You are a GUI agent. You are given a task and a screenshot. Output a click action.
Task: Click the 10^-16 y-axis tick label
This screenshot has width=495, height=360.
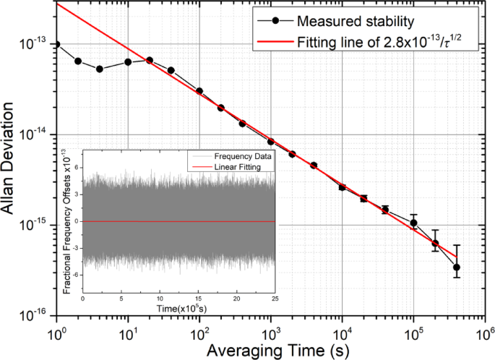37,315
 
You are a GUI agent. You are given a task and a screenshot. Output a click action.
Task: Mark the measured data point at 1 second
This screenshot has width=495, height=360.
56,45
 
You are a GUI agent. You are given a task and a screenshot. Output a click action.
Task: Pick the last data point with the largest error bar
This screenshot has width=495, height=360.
457,267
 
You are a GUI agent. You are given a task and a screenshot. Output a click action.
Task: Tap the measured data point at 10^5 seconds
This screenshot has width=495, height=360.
413,223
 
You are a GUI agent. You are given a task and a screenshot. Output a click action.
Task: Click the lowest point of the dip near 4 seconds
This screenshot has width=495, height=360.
99,69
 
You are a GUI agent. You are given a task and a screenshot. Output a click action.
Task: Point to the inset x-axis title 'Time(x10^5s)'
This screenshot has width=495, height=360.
179,309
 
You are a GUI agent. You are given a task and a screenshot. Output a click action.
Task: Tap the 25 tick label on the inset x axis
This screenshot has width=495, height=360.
275,298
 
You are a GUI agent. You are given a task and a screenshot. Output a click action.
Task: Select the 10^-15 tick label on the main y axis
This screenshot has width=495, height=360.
37,225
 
